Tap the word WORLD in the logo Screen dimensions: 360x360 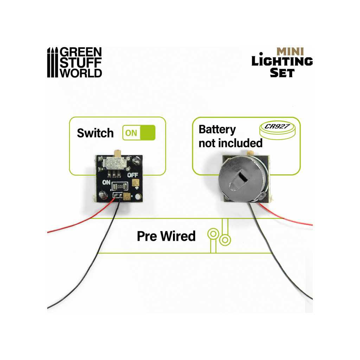(x=81, y=72)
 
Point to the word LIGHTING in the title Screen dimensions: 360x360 (x=282, y=62)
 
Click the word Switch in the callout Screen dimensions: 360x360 (x=95, y=133)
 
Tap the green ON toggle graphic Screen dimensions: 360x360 (x=139, y=133)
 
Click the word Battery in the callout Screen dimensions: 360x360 (x=217, y=129)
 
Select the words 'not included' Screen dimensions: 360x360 (x=230, y=143)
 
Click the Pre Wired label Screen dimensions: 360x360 (x=166, y=236)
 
